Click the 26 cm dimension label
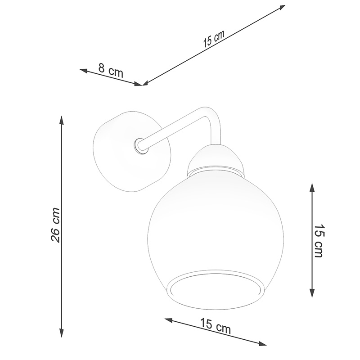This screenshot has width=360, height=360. pyautogui.click(x=55, y=225)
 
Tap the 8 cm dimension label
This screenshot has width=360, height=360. pyautogui.click(x=111, y=70)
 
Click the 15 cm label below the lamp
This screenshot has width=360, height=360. pyautogui.click(x=216, y=326)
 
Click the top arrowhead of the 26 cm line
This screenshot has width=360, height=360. pyautogui.click(x=61, y=120)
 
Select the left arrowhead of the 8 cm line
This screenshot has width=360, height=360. pyautogui.click(x=83, y=70)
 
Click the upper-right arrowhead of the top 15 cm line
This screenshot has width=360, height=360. pyautogui.click(x=282, y=7)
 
